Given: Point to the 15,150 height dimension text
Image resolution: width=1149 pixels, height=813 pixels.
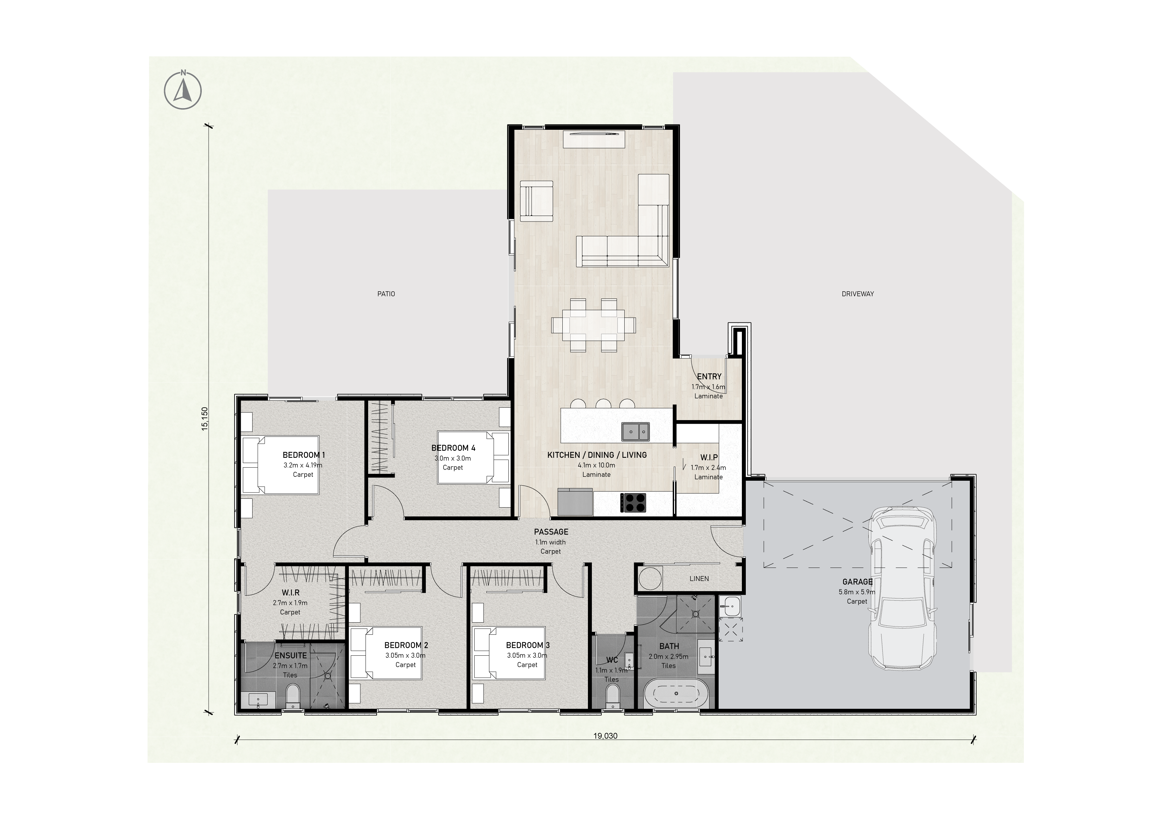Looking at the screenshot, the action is click(204, 418).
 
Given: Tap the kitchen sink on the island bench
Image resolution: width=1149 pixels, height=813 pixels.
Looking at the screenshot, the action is click(635, 432).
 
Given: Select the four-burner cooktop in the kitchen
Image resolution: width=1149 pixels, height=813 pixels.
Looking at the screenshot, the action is click(633, 503).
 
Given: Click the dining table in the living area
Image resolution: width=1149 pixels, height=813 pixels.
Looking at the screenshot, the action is click(593, 325).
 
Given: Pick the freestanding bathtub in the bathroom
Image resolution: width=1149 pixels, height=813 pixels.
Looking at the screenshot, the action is click(676, 693).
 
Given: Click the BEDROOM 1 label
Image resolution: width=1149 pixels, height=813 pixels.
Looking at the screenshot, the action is click(304, 455).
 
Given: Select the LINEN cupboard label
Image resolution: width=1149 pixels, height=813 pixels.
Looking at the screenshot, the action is click(699, 578).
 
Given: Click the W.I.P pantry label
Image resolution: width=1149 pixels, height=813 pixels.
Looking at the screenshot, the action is click(709, 457).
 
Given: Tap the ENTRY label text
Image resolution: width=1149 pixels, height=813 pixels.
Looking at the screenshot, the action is click(709, 377).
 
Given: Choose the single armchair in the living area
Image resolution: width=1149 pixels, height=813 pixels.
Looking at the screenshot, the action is click(537, 201).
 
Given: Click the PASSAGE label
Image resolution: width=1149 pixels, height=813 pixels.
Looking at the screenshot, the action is click(551, 532).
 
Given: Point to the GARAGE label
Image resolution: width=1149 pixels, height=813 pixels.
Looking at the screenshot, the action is click(857, 582).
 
